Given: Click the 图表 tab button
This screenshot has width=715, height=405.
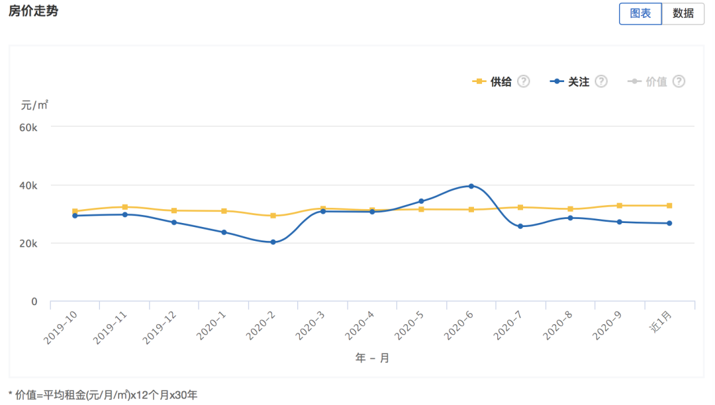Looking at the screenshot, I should (x=640, y=13).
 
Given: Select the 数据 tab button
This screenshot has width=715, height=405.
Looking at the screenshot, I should (x=683, y=13).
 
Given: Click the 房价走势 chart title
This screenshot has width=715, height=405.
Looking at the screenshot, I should (x=33, y=11).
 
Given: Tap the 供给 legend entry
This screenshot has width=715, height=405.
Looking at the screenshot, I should (x=493, y=81).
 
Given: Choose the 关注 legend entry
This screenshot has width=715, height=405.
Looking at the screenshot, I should (x=570, y=81).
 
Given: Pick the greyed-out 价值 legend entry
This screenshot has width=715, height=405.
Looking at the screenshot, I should (x=648, y=81).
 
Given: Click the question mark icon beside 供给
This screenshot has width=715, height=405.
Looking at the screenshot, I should (x=524, y=81).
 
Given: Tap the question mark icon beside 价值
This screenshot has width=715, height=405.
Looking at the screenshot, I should (x=679, y=81).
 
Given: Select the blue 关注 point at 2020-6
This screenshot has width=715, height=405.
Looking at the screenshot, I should (x=471, y=186).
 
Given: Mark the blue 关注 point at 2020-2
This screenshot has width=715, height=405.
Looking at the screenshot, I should (x=273, y=242).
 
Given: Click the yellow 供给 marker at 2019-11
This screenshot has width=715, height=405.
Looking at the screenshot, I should (x=124, y=207).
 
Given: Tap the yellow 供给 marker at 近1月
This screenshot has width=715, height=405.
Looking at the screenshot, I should (x=669, y=206).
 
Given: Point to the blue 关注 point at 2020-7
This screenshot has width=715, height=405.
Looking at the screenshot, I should (x=520, y=226).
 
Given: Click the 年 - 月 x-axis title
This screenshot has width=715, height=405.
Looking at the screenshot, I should (x=372, y=358).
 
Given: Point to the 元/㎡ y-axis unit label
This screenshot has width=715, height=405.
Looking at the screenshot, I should (x=34, y=105).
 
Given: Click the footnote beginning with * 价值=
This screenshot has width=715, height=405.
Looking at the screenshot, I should (x=103, y=395).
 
